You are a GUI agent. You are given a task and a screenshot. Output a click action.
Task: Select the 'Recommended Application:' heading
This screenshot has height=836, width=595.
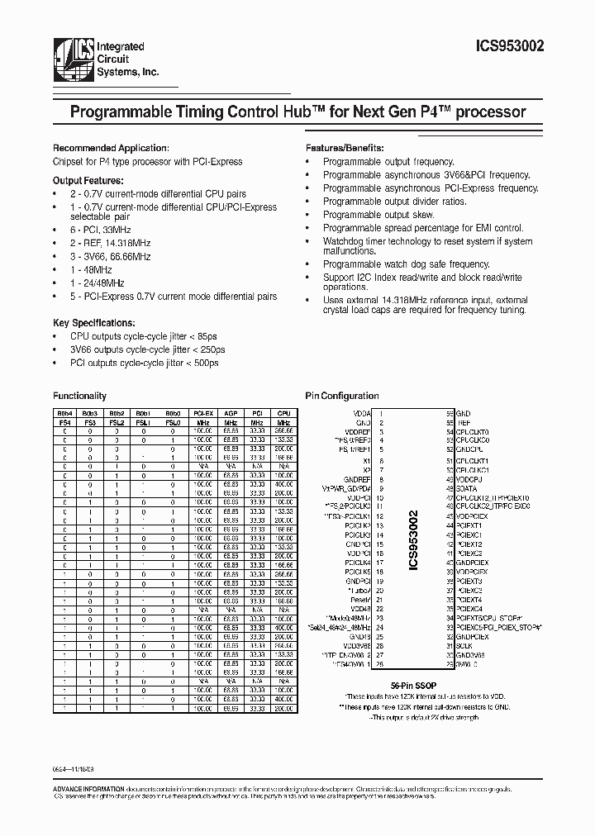tap(111, 147)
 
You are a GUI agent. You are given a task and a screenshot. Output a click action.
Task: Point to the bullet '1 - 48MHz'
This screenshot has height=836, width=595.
tap(90, 269)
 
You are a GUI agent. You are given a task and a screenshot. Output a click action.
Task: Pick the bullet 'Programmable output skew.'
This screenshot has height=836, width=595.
tap(378, 215)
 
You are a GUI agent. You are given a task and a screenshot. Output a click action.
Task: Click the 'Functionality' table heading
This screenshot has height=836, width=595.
tap(79, 396)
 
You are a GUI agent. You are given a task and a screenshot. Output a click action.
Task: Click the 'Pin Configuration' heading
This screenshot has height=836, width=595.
tap(342, 396)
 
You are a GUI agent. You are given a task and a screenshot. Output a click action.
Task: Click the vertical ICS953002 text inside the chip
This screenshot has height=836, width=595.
tap(414, 540)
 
